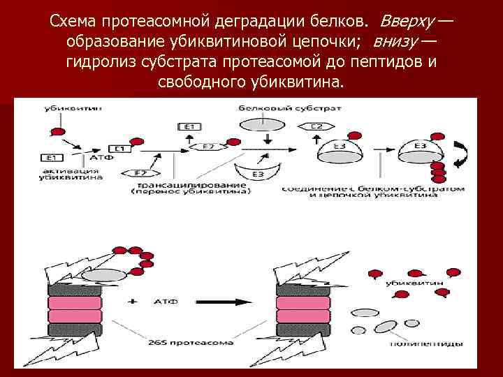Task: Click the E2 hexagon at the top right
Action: coord(316,126)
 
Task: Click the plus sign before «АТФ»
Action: coord(133,302)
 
